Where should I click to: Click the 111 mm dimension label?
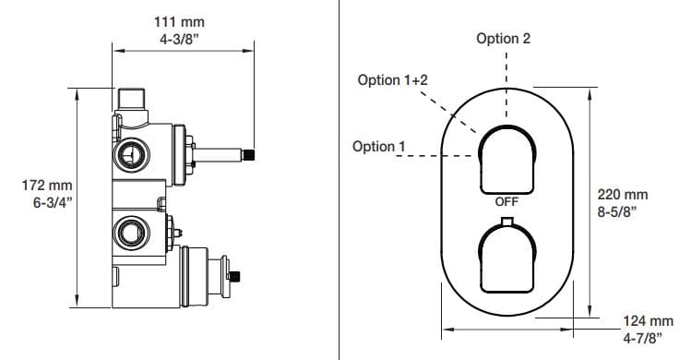point(179,21)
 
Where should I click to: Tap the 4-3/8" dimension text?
point(179,39)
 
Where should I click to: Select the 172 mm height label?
point(47,186)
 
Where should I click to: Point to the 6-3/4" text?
point(53,202)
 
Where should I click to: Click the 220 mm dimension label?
point(623,195)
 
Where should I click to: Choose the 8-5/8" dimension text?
point(617,211)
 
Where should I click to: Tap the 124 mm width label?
point(649,321)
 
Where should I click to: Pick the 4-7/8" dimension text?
point(643,338)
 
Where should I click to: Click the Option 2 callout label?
point(503,39)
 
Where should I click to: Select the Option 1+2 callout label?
point(392,80)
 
